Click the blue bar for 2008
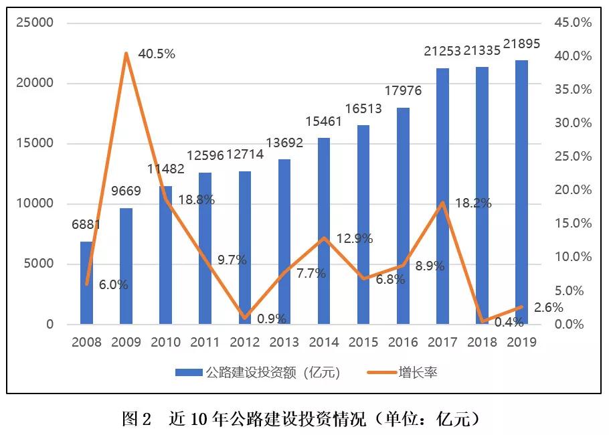coord(86,283)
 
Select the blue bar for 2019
coord(521,193)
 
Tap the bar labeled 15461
coord(324,231)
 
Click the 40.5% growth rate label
coord(156,54)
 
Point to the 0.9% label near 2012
coord(272,319)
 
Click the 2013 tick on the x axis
coord(284,343)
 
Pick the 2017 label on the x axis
coord(442,343)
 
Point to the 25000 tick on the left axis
coord(35,23)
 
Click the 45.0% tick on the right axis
coord(574,23)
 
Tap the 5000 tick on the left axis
coord(40,264)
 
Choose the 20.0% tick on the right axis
coord(574,190)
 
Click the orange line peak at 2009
coord(126,53)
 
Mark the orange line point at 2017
coord(442,202)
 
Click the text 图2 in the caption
coord(139,420)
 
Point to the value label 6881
coord(86,225)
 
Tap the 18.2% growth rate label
coord(472,203)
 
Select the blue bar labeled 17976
coord(403,216)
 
